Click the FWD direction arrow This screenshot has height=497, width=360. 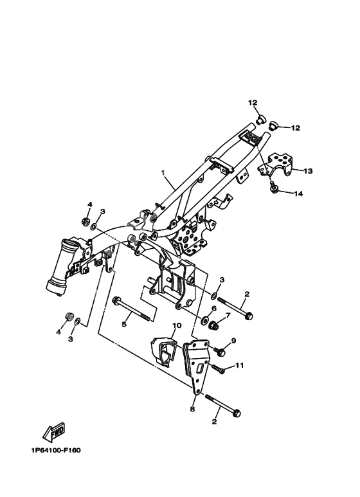point(54,431)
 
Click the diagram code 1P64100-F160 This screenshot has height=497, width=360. point(56,450)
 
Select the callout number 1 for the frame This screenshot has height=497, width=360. point(163,172)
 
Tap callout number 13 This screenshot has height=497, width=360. point(308,171)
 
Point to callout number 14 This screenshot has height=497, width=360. point(298,194)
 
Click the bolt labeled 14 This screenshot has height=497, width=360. point(274,186)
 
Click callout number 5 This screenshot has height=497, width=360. point(124,324)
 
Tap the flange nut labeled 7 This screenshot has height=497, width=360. point(215,325)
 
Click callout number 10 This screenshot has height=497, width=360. point(177,325)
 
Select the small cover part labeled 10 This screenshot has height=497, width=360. point(164,352)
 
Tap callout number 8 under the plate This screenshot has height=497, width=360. point(192,409)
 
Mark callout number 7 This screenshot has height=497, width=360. point(227,315)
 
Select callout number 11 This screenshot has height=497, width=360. point(240,365)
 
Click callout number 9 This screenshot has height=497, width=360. point(234,341)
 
